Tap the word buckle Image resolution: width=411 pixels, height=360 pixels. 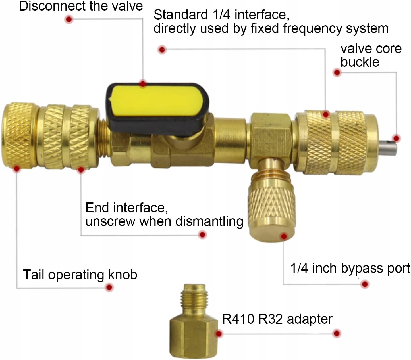pos(360,62)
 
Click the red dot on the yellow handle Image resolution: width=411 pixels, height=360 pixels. pos(143,84)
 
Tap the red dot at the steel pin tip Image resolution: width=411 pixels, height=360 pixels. pos(397,139)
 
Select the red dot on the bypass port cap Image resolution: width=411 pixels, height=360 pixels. pos(283,236)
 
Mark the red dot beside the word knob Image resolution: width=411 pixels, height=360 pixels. pos(109,287)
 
